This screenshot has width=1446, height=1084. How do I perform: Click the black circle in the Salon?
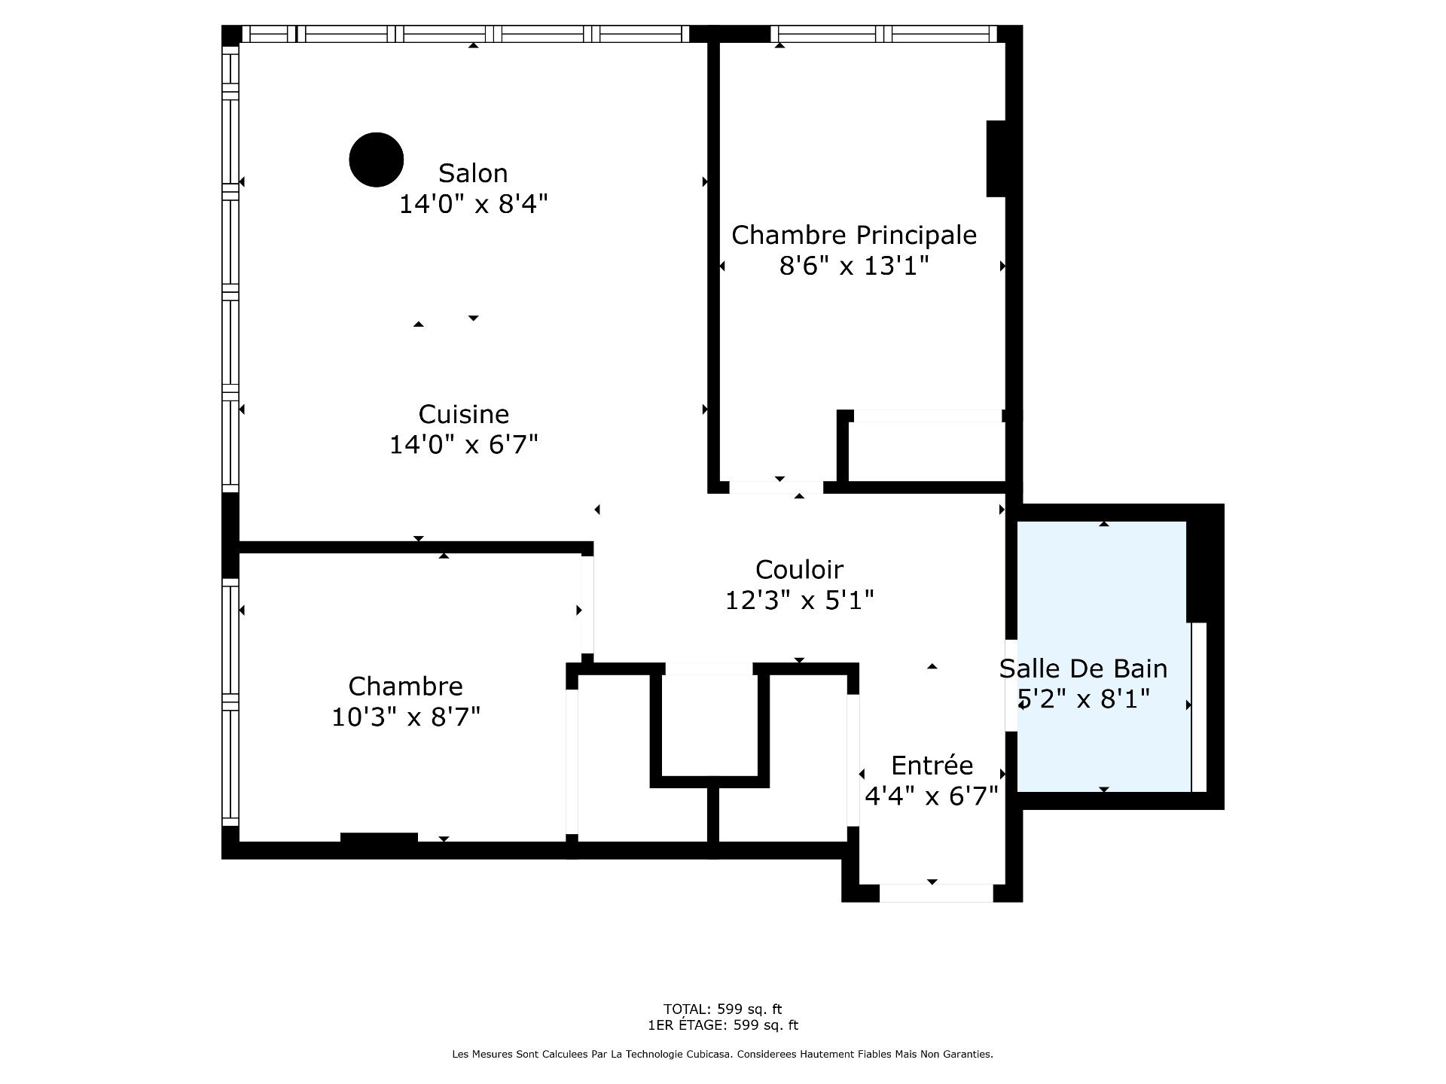(377, 160)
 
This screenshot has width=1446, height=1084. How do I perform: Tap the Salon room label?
(473, 173)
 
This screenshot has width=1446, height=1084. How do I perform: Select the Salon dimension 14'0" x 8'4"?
(473, 204)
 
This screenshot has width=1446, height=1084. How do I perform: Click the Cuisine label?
(463, 414)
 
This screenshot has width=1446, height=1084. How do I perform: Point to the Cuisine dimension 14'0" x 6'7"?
(463, 445)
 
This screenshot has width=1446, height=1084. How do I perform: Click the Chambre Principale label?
(854, 236)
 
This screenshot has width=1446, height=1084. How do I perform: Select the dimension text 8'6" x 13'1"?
(854, 266)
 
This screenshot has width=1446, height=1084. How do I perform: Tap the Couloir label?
(799, 570)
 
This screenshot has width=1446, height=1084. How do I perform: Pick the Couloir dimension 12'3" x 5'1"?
(799, 601)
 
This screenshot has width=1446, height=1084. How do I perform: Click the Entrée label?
(932, 765)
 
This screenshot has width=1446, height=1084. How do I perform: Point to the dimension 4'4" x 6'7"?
(932, 796)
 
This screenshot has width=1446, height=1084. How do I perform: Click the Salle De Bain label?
(1083, 668)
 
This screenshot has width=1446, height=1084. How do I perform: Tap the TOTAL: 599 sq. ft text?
(722, 1009)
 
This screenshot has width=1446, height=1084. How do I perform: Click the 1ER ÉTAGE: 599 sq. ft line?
(722, 1025)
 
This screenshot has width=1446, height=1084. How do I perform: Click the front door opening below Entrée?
(936, 893)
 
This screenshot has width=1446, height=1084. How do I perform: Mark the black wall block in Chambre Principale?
(996, 159)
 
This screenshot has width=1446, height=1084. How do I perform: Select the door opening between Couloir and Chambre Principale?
(776, 487)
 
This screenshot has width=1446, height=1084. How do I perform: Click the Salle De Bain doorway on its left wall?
(1011, 685)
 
